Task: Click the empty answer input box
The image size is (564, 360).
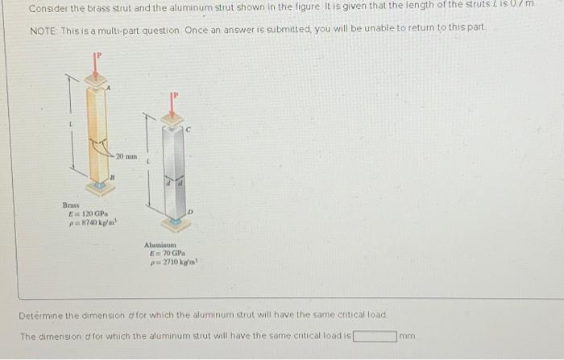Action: pyautogui.click(x=373, y=335)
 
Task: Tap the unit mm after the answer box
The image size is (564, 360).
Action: pyautogui.click(x=408, y=335)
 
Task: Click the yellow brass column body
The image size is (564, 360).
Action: pyautogui.click(x=99, y=133)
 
